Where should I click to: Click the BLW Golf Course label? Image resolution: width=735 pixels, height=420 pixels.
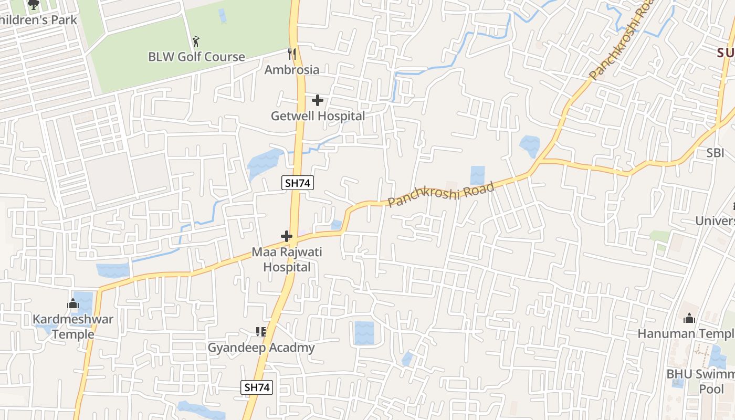(196, 57)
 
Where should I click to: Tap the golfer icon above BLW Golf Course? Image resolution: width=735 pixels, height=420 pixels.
(196, 41)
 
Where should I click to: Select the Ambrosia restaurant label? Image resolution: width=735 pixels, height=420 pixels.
(291, 70)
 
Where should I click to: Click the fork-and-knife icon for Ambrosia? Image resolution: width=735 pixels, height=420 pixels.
(292, 54)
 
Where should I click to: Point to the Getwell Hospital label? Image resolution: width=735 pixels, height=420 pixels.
(318, 116)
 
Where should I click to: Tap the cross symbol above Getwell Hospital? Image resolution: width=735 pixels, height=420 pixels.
(318, 100)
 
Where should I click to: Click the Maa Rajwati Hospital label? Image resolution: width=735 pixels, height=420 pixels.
(287, 259)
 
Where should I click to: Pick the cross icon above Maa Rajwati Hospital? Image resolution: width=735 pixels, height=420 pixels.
(287, 236)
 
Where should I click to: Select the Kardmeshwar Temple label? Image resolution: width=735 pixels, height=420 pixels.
(73, 327)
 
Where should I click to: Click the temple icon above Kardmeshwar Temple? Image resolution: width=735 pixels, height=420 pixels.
(73, 303)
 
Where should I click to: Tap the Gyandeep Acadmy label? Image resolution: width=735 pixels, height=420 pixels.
(261, 348)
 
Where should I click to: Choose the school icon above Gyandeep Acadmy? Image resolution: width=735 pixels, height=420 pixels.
(261, 332)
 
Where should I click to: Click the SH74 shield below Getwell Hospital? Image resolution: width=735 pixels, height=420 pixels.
(298, 183)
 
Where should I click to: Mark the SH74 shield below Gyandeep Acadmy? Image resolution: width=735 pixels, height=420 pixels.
(257, 387)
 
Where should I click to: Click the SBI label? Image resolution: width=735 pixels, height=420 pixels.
(715, 153)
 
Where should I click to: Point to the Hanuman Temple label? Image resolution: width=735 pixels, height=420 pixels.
(686, 333)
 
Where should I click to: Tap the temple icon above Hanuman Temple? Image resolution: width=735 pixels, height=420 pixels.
(689, 318)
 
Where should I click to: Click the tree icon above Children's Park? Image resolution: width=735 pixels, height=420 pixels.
(34, 5)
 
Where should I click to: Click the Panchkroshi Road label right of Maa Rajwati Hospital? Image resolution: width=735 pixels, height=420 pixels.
(441, 195)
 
